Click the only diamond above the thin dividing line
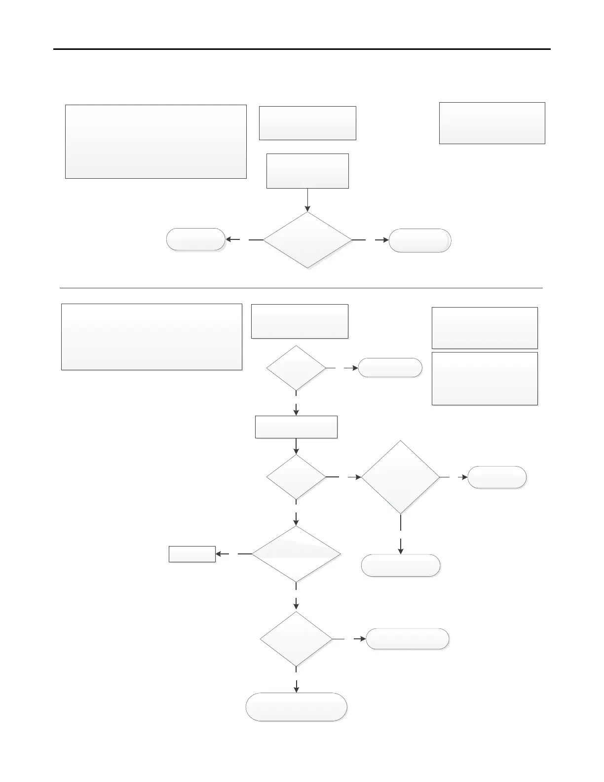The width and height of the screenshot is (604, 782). [x=307, y=240]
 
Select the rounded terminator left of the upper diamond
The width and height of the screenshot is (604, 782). [x=196, y=239]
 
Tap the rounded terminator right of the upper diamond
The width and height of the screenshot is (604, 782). [x=420, y=241]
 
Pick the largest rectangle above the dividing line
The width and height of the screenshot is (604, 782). [x=156, y=142]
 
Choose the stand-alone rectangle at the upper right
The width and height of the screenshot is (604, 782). [x=492, y=123]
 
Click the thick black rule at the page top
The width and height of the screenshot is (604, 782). [x=302, y=49]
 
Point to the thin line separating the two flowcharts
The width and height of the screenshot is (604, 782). [x=301, y=288]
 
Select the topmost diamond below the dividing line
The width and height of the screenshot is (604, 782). [x=296, y=368]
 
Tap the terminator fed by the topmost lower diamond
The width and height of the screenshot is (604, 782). [x=390, y=368]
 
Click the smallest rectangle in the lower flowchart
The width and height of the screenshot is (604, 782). [x=192, y=554]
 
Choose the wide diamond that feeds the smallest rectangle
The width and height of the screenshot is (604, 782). [x=296, y=554]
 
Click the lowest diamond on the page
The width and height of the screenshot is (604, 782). [x=296, y=639]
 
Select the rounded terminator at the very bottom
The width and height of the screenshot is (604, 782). [x=296, y=707]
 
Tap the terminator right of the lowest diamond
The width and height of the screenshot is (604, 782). [x=408, y=639]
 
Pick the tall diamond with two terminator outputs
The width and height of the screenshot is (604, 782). [x=400, y=477]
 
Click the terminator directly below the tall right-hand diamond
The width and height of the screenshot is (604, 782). [x=400, y=565]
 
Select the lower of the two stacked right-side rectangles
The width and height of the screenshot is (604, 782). [x=485, y=379]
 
